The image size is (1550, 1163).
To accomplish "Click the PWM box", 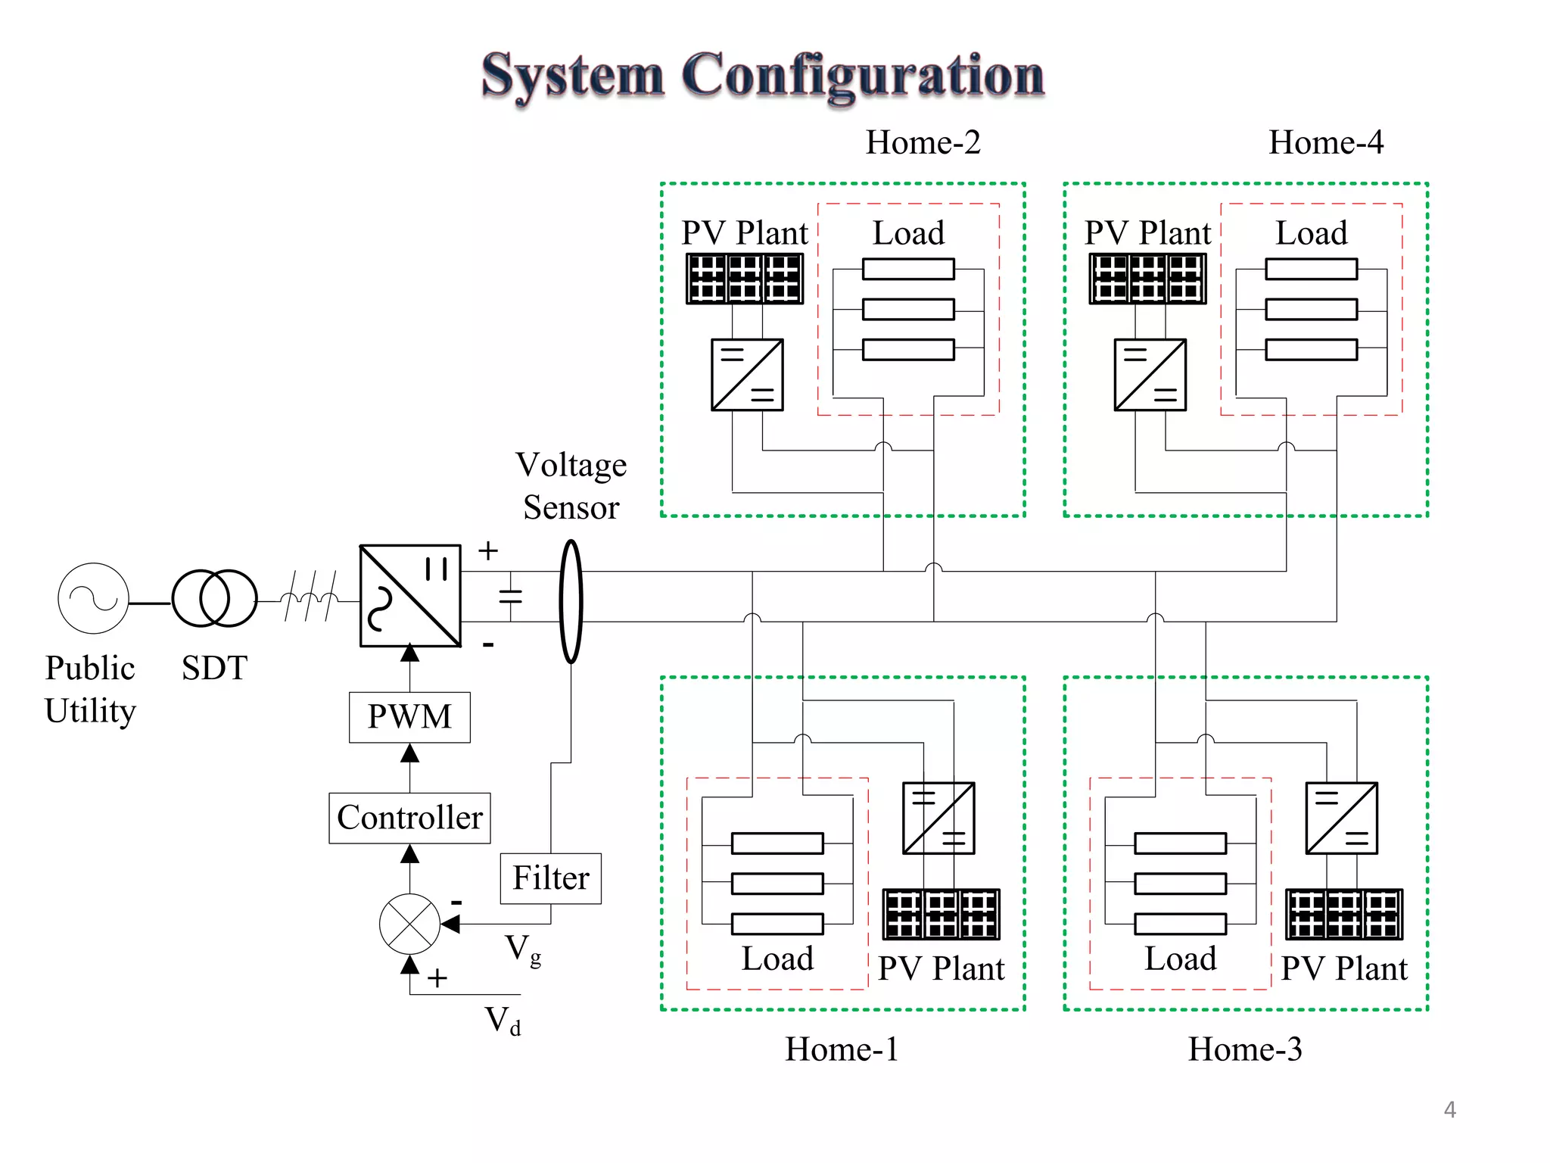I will point(409,717).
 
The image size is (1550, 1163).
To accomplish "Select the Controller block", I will point(409,818).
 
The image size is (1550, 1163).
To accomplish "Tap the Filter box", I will point(550,878).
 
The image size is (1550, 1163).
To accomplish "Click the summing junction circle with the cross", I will point(409,924).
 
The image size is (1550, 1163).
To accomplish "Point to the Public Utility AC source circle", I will point(93,598).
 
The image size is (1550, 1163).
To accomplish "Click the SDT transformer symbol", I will point(214,598).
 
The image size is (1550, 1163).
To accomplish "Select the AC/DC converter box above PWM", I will point(409,596).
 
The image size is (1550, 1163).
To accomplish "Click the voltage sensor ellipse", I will point(571,601).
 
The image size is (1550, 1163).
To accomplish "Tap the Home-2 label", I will point(923,142).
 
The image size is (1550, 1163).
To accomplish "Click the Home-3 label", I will point(1244,1049).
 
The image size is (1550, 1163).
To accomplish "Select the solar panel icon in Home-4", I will point(1147,279).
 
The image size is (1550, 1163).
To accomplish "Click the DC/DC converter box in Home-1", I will point(938,818).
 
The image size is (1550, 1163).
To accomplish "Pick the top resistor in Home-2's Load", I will point(908,269).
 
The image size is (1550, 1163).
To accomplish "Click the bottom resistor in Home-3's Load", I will point(1180,924).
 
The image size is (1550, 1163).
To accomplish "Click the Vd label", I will point(503,1020).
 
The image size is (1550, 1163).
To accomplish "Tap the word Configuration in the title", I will point(863,76).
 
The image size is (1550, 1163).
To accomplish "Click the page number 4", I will point(1449,1109).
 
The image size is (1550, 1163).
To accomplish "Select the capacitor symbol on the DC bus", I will point(511,596).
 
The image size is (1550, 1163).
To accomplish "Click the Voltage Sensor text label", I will point(571,485).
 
